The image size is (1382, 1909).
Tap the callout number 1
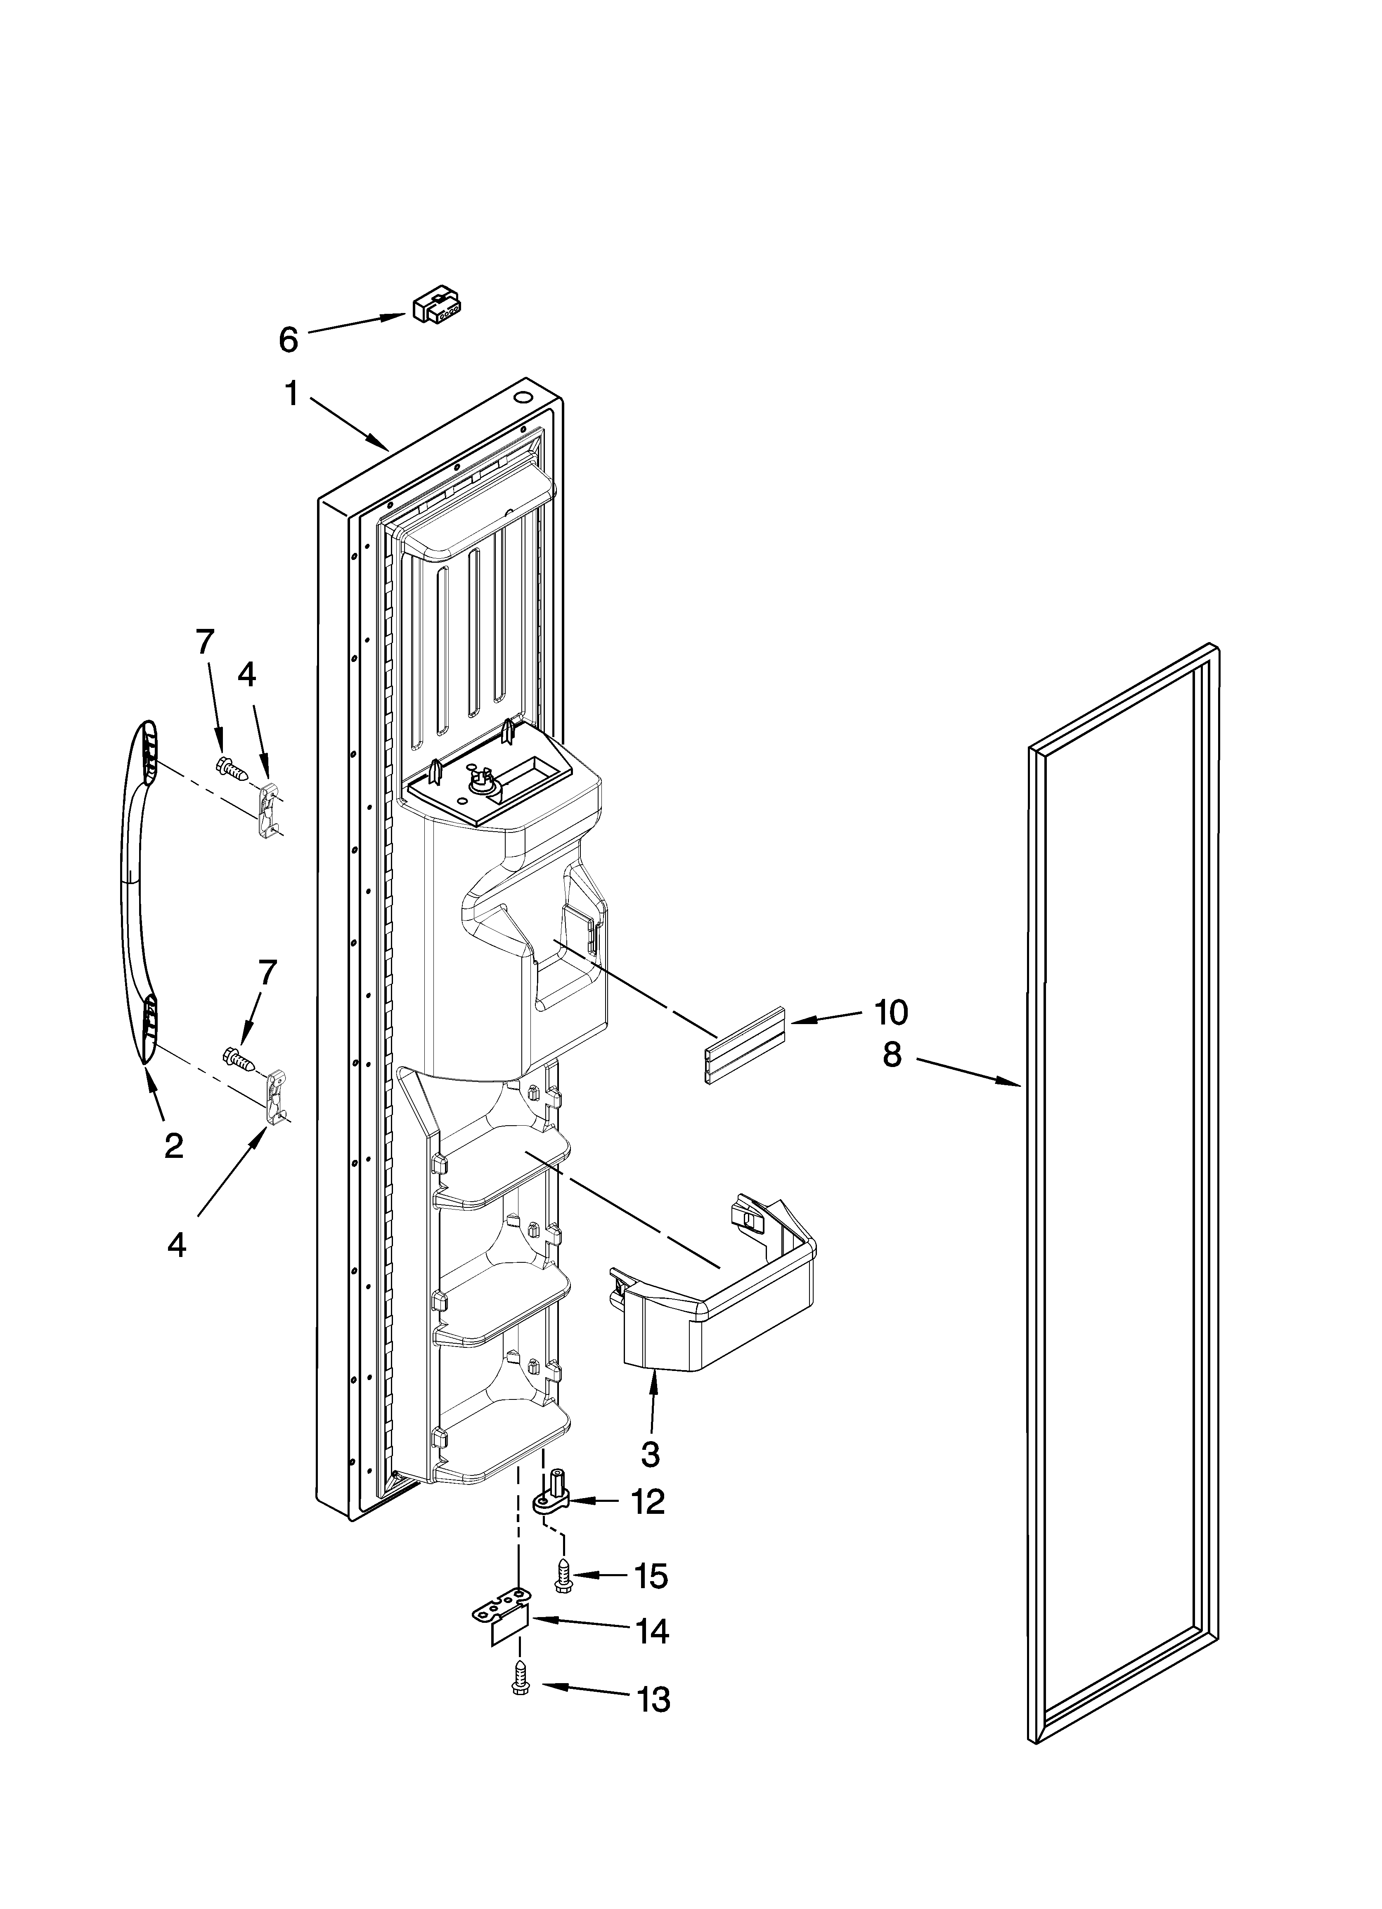click(291, 393)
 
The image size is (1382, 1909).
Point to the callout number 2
click(173, 1145)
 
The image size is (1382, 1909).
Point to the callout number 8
click(891, 1054)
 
